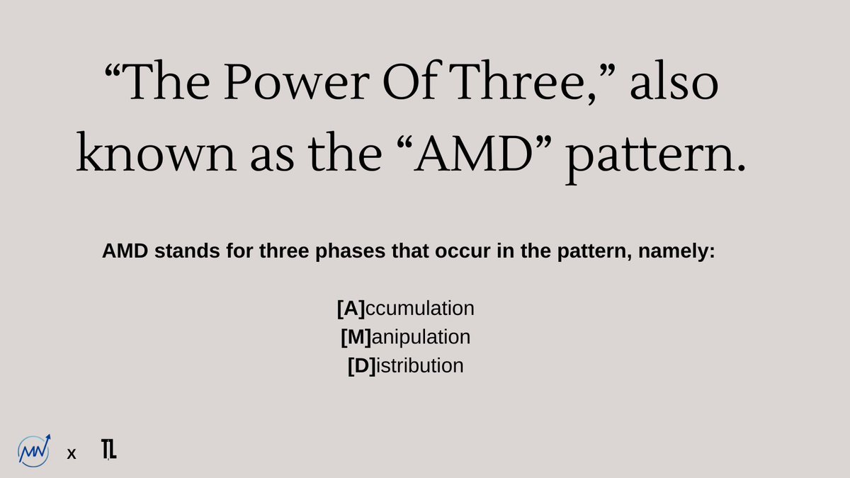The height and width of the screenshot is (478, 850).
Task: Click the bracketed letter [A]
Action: pos(351,309)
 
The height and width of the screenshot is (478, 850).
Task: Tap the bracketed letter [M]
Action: pos(356,337)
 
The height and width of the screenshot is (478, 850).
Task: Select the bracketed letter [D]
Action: pos(361,366)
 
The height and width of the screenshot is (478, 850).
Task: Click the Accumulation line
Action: pos(406,309)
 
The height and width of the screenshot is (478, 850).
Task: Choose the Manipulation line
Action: pos(406,337)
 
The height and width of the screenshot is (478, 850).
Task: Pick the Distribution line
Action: pos(406,366)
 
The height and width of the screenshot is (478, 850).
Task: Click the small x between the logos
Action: pos(71,454)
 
